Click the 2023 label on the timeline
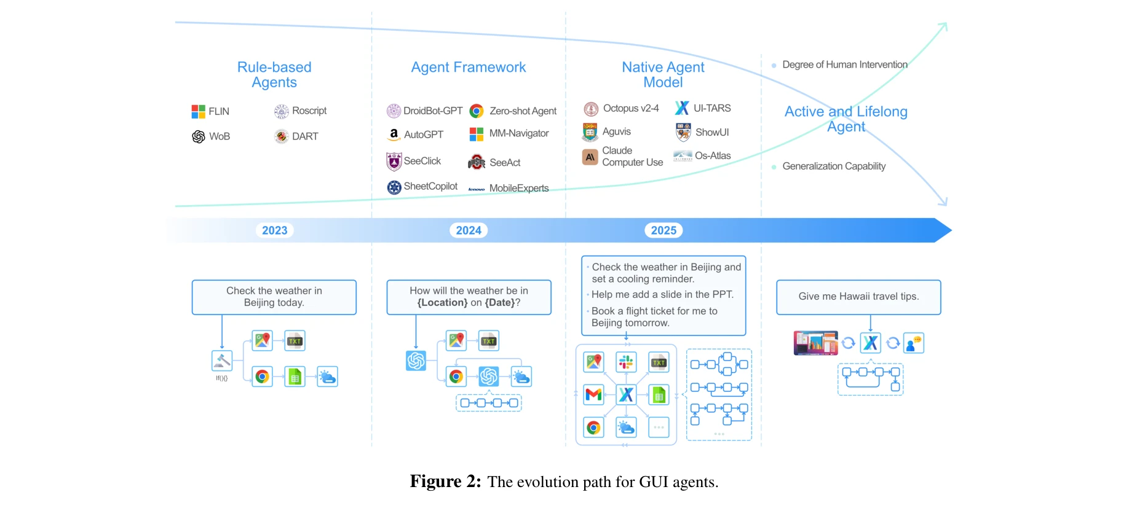click(274, 230)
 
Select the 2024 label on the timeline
click(469, 230)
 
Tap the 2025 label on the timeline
click(664, 230)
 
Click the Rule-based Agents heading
click(274, 75)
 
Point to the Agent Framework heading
click(469, 67)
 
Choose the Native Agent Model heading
click(663, 75)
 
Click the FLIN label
click(219, 111)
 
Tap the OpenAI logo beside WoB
click(199, 136)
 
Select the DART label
click(305, 136)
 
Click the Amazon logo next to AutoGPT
click(394, 134)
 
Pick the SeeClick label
click(422, 161)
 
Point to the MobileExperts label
click(519, 188)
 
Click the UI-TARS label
click(712, 108)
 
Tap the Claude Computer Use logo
click(590, 157)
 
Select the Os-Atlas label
click(713, 156)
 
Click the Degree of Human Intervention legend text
click(844, 64)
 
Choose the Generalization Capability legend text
click(834, 166)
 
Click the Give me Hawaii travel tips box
click(858, 297)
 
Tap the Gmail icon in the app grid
click(593, 394)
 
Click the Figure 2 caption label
click(446, 482)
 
